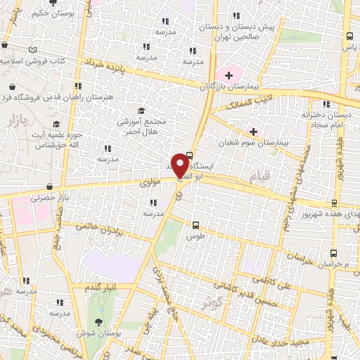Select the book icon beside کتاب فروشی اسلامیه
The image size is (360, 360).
point(32,51)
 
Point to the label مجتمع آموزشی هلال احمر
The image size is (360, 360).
point(142,126)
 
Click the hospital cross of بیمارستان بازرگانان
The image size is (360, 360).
point(229,74)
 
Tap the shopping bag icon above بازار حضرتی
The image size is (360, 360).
point(49,187)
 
